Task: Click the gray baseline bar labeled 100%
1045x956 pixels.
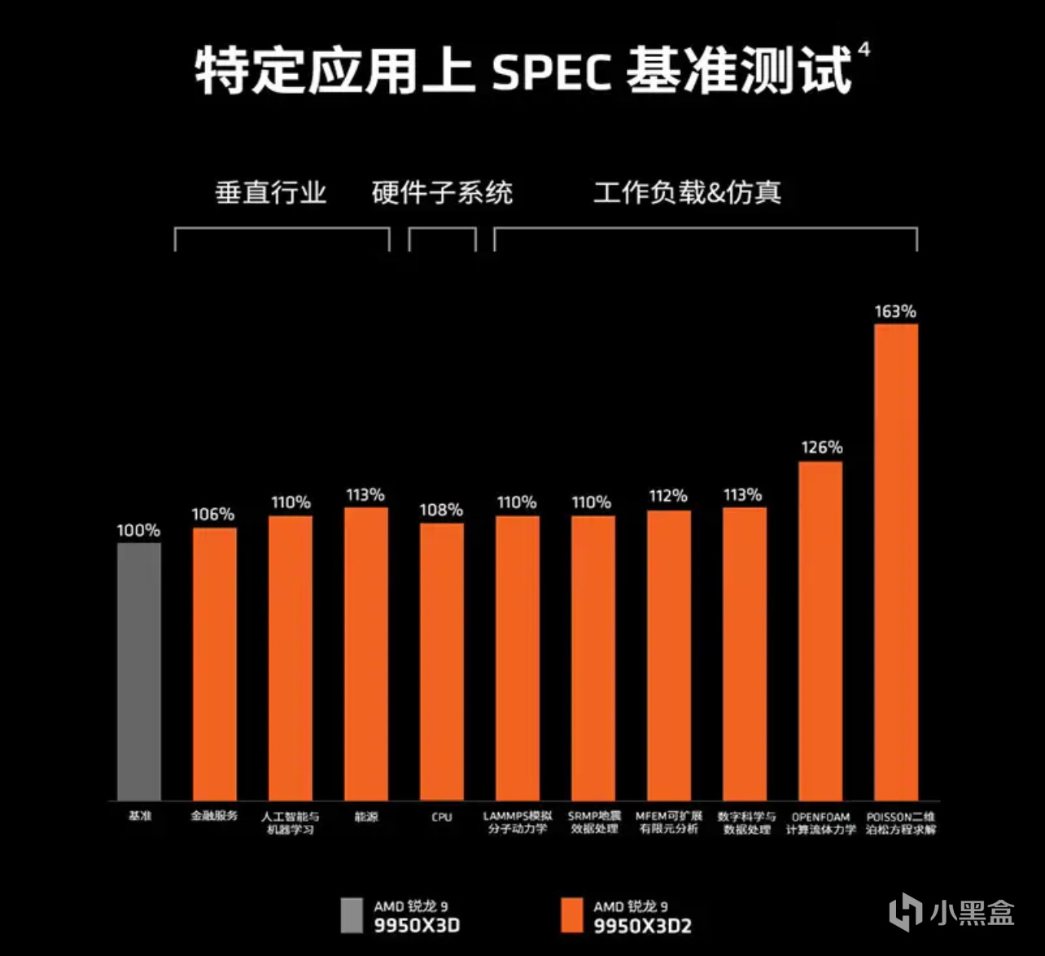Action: pos(138,671)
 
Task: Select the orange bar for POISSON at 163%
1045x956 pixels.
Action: pos(896,562)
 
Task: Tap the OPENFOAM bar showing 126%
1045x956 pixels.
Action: pos(820,631)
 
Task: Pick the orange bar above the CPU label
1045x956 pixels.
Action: pos(442,661)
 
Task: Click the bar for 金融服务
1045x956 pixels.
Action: pos(215,664)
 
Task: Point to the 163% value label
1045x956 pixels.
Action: pos(895,311)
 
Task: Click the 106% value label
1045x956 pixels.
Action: pos(213,514)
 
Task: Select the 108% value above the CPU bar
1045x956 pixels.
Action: pos(441,510)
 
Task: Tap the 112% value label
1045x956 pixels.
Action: pos(668,496)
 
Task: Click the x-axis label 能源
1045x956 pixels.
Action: pos(366,816)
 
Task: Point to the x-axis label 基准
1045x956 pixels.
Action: pos(139,815)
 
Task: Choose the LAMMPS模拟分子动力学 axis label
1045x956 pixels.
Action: pos(518,822)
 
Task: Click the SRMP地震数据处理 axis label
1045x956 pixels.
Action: pos(593,822)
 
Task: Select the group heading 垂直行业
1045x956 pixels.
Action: pos(271,193)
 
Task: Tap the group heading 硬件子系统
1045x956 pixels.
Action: pos(442,193)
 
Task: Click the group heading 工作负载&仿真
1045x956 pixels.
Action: pos(687,193)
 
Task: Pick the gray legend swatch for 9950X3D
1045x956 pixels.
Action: pos(352,915)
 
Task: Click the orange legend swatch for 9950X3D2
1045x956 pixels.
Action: pos(572,915)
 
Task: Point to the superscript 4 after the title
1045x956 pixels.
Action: pos(864,50)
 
